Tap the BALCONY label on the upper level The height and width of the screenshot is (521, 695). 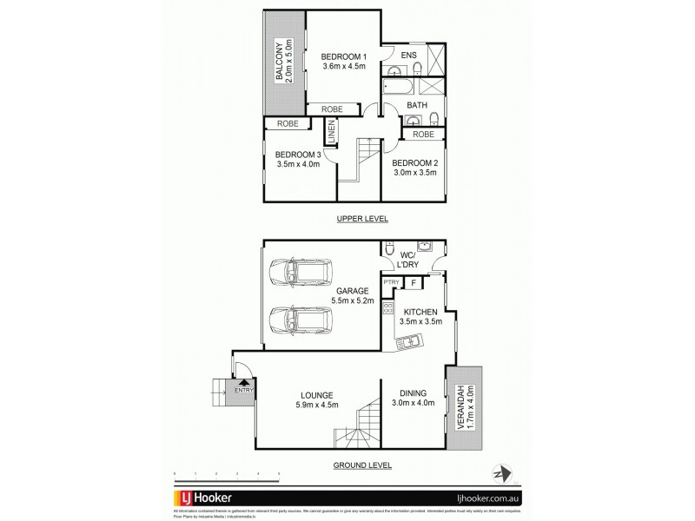(280, 61)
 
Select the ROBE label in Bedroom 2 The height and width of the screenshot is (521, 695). (423, 135)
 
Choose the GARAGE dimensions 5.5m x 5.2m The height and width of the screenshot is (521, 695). (352, 300)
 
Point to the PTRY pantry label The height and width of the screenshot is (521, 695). (391, 282)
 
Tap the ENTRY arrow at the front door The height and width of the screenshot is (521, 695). (244, 380)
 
